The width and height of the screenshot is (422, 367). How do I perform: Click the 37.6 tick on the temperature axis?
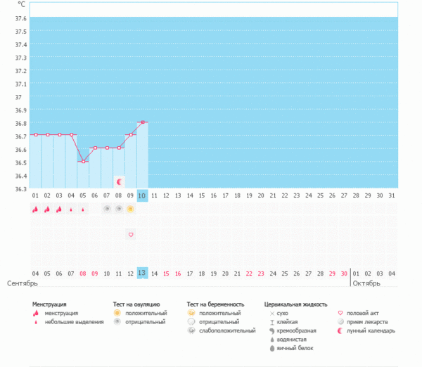pos(20,18)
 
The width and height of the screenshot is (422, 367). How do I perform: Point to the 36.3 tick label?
pos(20,188)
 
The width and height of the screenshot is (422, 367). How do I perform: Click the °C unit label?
pos(21,4)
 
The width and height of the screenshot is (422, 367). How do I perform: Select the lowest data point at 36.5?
pos(83,161)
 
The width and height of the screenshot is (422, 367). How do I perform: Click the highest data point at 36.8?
pos(143,122)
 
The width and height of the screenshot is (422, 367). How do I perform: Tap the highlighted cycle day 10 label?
pos(142,195)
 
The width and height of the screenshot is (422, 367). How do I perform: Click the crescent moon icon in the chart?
pos(119,181)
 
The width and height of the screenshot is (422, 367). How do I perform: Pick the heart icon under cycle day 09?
pos(130,233)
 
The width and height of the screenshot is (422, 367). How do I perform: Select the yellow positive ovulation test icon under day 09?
pos(130,209)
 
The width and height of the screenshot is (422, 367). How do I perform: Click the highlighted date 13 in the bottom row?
pos(142,273)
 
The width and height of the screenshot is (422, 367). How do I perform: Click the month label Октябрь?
pos(366,284)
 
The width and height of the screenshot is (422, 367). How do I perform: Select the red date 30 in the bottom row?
pos(343,273)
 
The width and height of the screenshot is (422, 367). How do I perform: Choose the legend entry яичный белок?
pos(296,348)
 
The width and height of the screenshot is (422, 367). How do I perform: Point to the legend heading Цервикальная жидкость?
pos(295,304)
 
